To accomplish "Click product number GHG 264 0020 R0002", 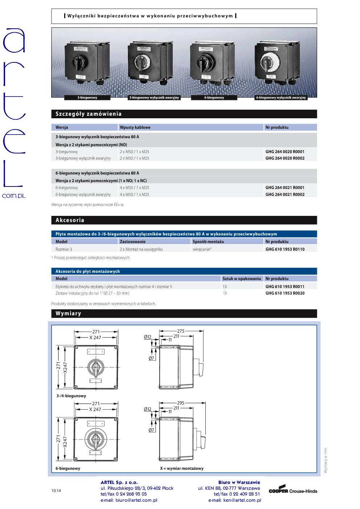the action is coord(285,158).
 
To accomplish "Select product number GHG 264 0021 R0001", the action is coord(285,188).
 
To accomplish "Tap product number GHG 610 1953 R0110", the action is coord(285,249).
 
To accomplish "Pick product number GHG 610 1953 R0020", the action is coord(285,293).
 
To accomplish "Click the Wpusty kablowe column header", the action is coord(135,127).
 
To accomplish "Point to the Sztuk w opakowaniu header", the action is coord(242,279).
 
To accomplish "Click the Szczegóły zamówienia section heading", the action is coord(89,114).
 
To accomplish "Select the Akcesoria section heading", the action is coord(70,220).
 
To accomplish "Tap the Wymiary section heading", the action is coord(68,313).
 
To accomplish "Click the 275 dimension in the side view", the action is coord(181,331).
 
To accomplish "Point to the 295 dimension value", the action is coord(180,403).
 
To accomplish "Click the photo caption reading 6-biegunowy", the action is coord(214,98).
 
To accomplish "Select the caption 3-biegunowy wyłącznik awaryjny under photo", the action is coord(154,98).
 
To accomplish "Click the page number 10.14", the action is coord(56,490).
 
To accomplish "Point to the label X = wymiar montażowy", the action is coord(182,468).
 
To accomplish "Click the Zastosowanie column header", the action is coord(132,242).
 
